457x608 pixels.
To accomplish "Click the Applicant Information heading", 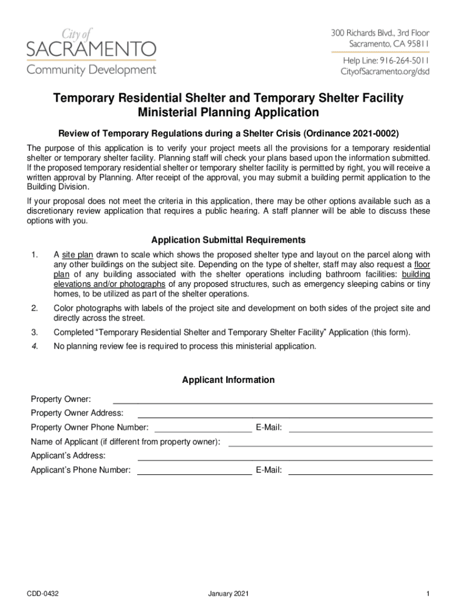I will (228, 380).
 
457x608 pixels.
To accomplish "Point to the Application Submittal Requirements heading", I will (228, 240).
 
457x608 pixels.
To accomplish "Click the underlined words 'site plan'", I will (77, 255).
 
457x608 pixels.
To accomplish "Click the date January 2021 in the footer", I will (228, 593).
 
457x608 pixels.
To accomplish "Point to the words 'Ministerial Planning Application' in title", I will (228, 113).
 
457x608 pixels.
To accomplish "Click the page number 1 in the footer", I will (427, 593).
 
